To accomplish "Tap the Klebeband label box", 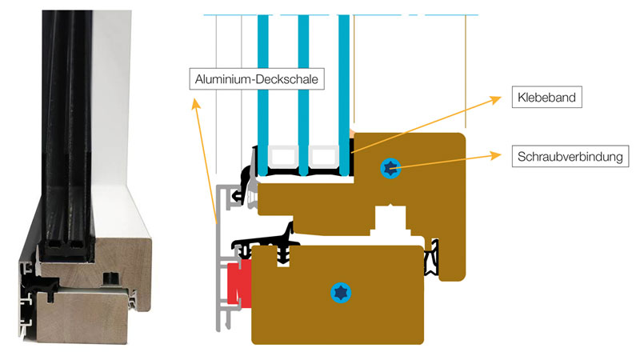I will pos(545,98).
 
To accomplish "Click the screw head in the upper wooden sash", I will pos(390,168).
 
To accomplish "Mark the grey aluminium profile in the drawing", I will pos(219,264).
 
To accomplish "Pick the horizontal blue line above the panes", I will pos(336,14).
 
